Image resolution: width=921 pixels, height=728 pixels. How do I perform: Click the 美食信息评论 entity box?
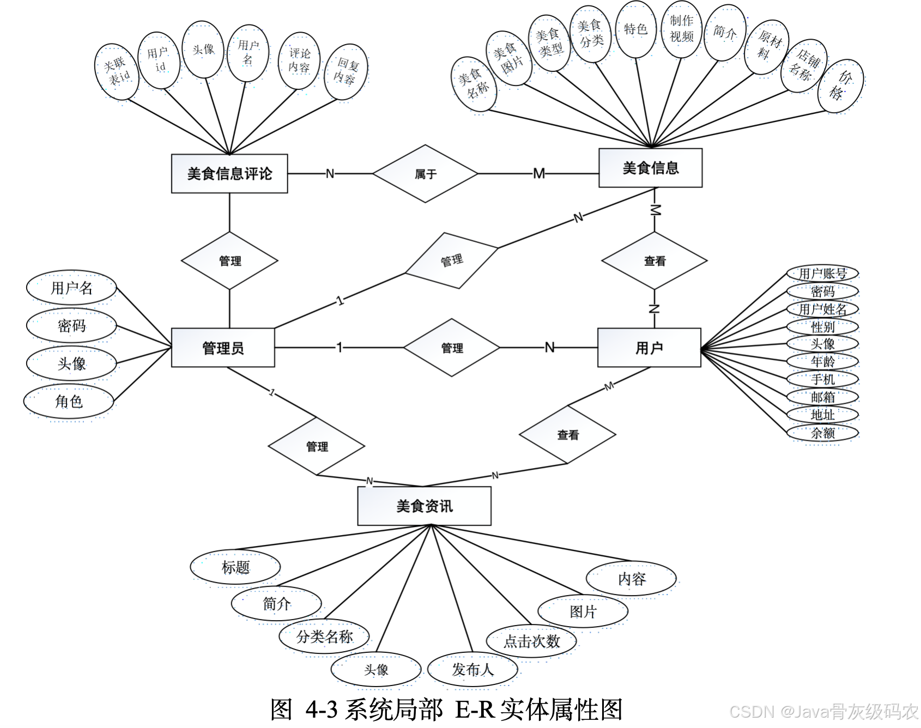click(229, 174)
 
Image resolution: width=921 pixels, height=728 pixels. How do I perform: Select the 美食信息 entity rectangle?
click(650, 168)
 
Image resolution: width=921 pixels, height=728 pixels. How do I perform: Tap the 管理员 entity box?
click(223, 348)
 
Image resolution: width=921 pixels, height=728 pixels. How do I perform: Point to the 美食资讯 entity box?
click(424, 506)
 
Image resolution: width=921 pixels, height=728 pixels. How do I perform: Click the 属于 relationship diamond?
click(425, 174)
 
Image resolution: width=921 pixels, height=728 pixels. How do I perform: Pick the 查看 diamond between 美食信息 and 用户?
click(654, 261)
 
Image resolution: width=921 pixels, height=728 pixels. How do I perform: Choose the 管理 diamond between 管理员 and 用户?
click(452, 348)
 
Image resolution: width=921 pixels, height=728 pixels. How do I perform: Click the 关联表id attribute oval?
click(117, 71)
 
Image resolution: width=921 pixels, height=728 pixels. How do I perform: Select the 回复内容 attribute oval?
click(346, 71)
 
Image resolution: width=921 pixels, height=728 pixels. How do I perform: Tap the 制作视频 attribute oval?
click(681, 29)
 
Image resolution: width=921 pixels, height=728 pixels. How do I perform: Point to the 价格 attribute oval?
click(840, 86)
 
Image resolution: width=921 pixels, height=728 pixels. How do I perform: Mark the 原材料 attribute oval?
click(767, 47)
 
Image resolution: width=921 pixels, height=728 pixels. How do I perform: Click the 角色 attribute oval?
click(69, 402)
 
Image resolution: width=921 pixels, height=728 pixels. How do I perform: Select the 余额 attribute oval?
click(822, 433)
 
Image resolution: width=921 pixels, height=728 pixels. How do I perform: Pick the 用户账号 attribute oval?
click(822, 273)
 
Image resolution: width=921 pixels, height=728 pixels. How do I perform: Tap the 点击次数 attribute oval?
click(531, 641)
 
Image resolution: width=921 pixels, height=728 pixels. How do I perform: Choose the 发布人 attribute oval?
click(472, 670)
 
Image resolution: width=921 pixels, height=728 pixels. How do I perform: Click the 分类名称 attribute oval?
click(324, 636)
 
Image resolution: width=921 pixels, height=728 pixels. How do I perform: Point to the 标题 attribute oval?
click(235, 567)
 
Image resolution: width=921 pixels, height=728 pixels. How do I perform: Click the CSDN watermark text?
click(823, 712)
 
